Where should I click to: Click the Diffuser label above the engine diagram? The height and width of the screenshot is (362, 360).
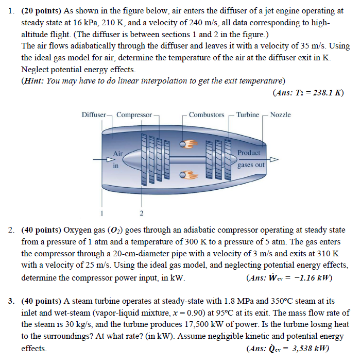[94, 114]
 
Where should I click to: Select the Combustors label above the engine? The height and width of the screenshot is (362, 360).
[206, 114]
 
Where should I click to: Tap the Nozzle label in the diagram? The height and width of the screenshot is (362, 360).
[280, 114]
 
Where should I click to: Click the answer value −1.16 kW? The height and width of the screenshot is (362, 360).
[310, 278]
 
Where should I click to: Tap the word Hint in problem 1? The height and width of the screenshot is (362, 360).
[34, 81]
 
